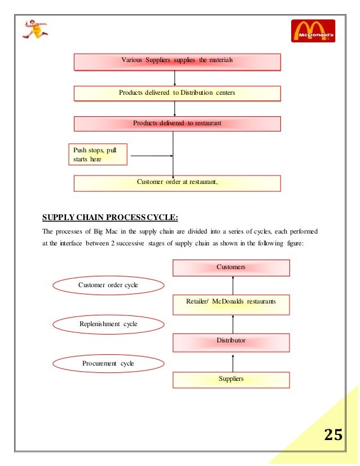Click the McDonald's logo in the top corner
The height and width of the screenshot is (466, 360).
point(313,30)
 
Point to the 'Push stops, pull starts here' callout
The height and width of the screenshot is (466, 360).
point(97,154)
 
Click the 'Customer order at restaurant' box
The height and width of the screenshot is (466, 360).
point(177,183)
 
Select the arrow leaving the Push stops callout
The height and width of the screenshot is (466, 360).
point(150,155)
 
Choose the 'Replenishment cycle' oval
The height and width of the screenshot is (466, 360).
point(108,324)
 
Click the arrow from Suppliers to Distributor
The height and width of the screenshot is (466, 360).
point(232,362)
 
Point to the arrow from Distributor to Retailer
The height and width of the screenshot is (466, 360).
point(232,323)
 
